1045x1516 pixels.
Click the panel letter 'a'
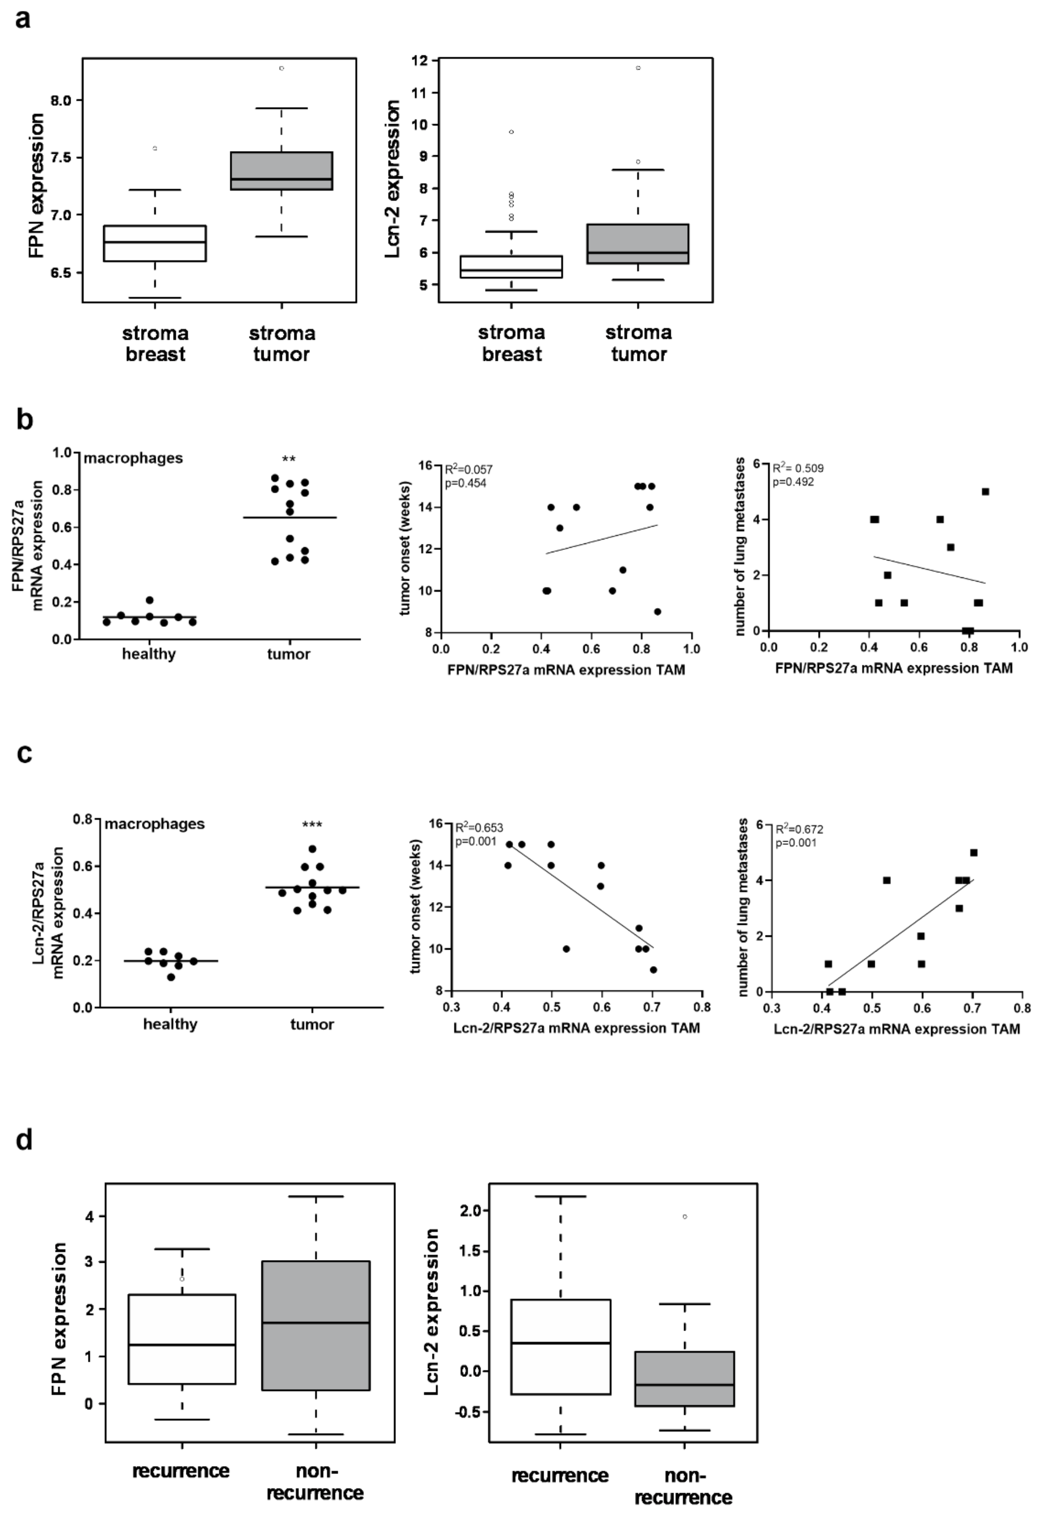[23, 20]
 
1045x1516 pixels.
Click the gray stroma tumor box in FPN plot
[282, 171]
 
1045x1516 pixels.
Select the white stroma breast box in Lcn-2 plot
[511, 267]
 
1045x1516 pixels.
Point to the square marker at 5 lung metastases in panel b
[985, 491]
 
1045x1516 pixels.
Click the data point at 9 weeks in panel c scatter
[653, 970]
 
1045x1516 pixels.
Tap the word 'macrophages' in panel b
[133, 459]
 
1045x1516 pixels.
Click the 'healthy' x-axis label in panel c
[170, 1024]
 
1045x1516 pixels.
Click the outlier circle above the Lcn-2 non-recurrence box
[685, 1217]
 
